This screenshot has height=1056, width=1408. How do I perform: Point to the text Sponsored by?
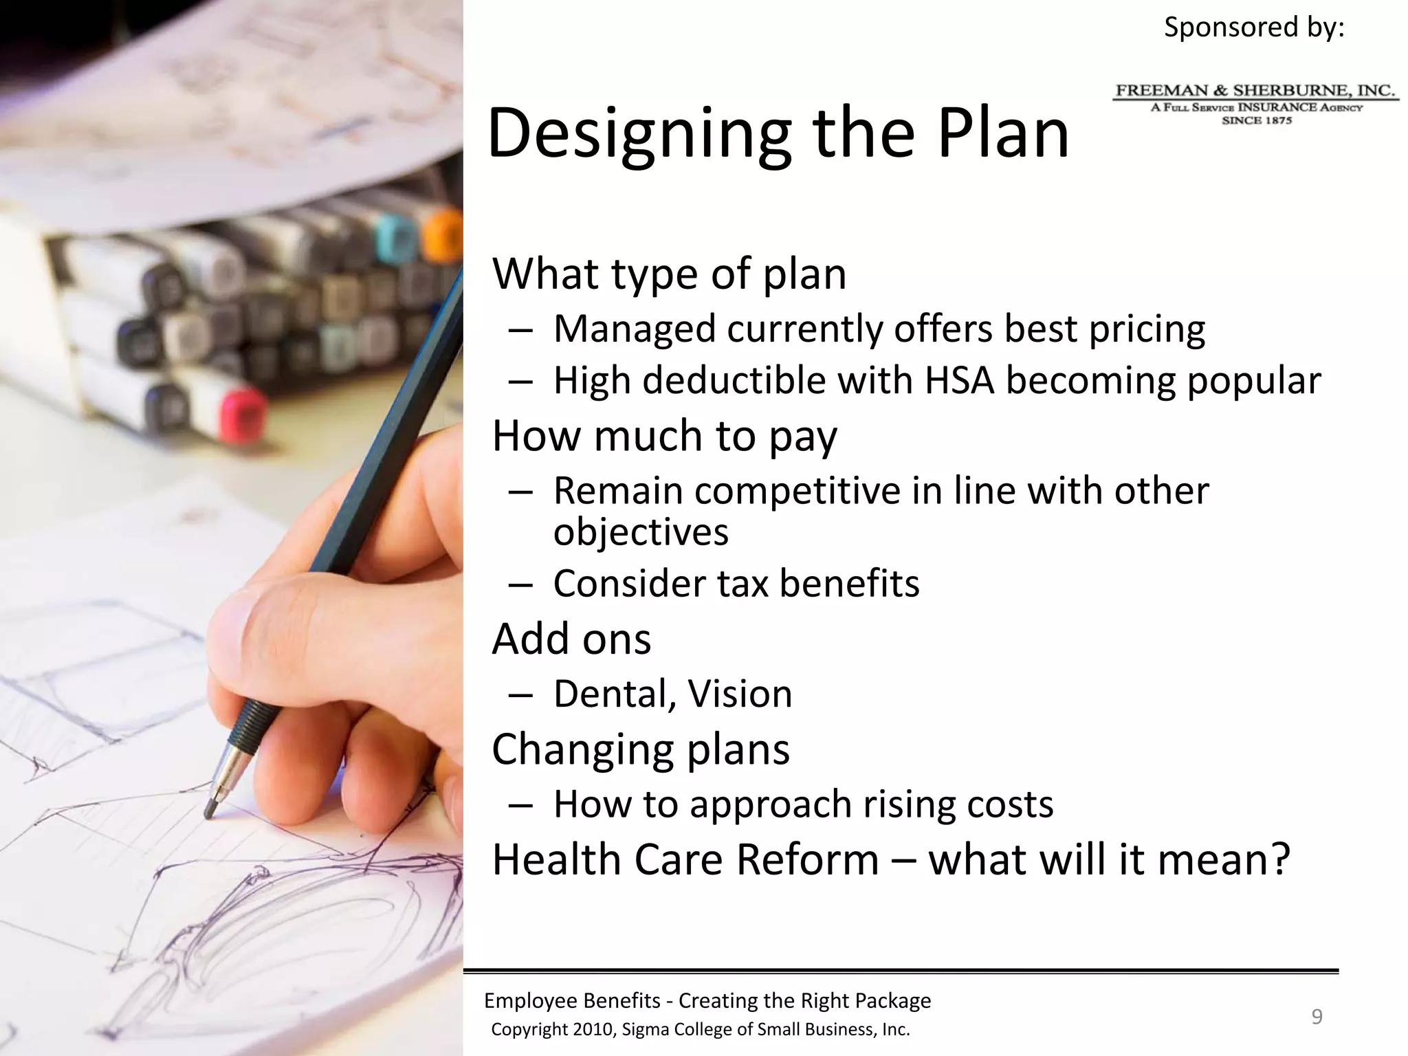tap(1253, 27)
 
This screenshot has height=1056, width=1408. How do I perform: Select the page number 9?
tap(1317, 1016)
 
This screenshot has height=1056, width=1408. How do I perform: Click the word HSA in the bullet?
tap(959, 380)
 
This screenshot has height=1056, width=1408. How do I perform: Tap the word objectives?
tap(641, 531)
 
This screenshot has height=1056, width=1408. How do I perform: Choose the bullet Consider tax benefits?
tap(736, 584)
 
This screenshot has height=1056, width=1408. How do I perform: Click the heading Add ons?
tap(571, 639)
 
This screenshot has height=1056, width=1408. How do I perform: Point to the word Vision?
tap(740, 694)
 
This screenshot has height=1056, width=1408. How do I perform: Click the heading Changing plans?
tap(641, 749)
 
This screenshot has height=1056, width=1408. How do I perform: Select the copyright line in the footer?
tap(700, 1029)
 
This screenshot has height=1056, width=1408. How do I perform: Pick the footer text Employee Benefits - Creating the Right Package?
tap(707, 1000)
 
